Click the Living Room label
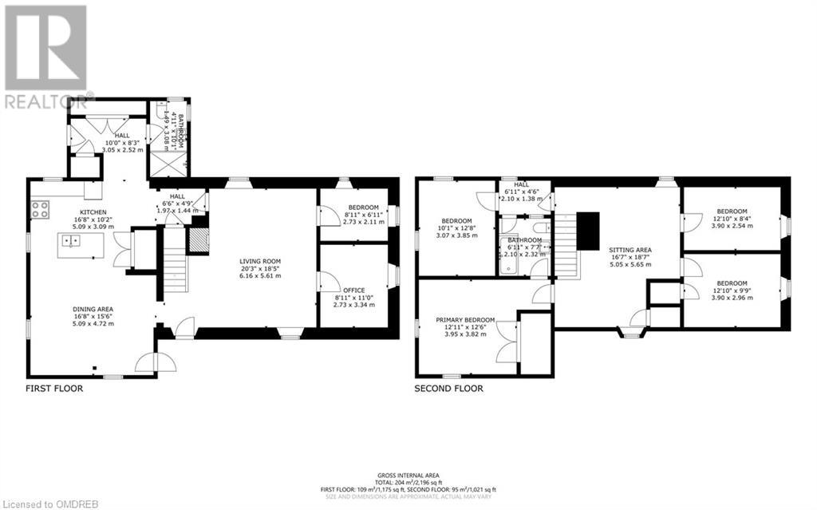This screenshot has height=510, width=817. click(x=259, y=261)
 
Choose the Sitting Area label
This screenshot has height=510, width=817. click(x=630, y=250)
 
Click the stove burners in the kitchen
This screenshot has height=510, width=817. click(x=40, y=210)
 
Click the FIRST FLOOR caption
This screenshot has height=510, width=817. click(x=53, y=389)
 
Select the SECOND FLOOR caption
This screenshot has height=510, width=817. click(x=448, y=389)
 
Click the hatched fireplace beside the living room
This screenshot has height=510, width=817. click(x=197, y=240)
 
